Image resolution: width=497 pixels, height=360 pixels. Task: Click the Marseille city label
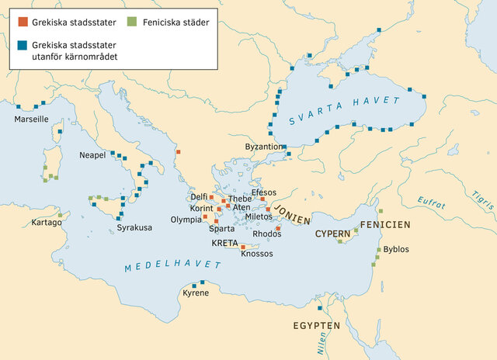coord(32,119)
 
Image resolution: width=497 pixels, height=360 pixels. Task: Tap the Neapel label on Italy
coord(92,155)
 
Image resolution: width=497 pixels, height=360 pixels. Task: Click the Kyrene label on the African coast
coord(196,293)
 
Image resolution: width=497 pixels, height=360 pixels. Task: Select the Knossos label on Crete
coord(257,254)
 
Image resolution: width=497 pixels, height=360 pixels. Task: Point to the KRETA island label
coord(225,243)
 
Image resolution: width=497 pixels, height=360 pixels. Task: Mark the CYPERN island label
coord(332,233)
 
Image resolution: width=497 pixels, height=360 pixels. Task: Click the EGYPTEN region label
coord(317,325)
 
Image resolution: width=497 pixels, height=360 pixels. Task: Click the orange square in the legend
coord(23,21)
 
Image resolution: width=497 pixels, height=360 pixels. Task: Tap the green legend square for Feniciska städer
coord(134,21)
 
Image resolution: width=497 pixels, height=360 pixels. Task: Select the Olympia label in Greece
coord(186,220)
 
